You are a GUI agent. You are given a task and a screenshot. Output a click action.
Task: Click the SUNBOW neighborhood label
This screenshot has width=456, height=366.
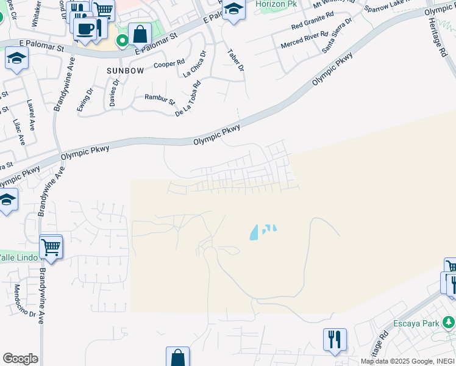coord(125,71)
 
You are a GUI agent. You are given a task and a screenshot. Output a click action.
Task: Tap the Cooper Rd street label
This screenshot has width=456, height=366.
coord(169,64)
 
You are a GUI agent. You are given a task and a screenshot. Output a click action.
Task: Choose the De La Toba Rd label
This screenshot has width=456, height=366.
coord(188,101)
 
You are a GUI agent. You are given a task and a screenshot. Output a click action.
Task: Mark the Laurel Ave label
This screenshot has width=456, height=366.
coord(30,111)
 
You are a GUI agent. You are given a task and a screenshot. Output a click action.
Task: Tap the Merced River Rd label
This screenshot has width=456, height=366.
coord(304,39)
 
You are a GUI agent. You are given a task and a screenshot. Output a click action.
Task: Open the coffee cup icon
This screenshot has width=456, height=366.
coord(85,28)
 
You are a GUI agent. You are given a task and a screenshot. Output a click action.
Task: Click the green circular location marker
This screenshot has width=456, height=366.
coord(123,41)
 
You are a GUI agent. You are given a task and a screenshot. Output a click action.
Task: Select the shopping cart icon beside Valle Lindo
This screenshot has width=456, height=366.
coord(51,248)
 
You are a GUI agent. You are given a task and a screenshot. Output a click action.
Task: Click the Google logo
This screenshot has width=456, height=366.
coord(20,359)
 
